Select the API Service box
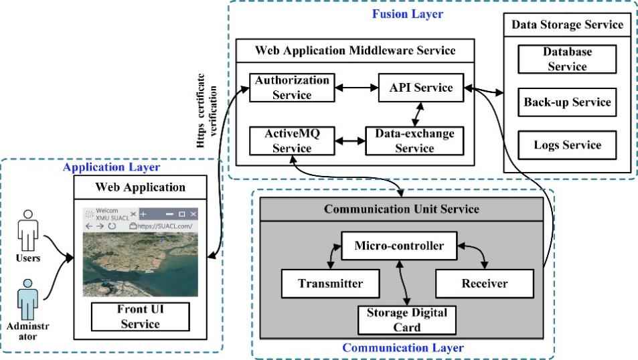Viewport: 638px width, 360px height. pos(416,88)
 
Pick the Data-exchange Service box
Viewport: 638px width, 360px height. pos(414,141)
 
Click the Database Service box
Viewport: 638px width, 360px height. pos(567,59)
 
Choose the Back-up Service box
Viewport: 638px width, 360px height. pos(567,102)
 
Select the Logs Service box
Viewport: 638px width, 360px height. pos(567,145)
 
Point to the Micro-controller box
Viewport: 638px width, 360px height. pos(399,246)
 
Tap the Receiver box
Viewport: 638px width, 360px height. pos(484,283)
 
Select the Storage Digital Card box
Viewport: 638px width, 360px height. pos(406,319)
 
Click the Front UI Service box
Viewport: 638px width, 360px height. pos(141,317)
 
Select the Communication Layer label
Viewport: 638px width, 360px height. pos(402,348)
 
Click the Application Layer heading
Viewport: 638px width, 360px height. pos(111,167)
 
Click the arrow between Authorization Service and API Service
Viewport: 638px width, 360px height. pos(355,88)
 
